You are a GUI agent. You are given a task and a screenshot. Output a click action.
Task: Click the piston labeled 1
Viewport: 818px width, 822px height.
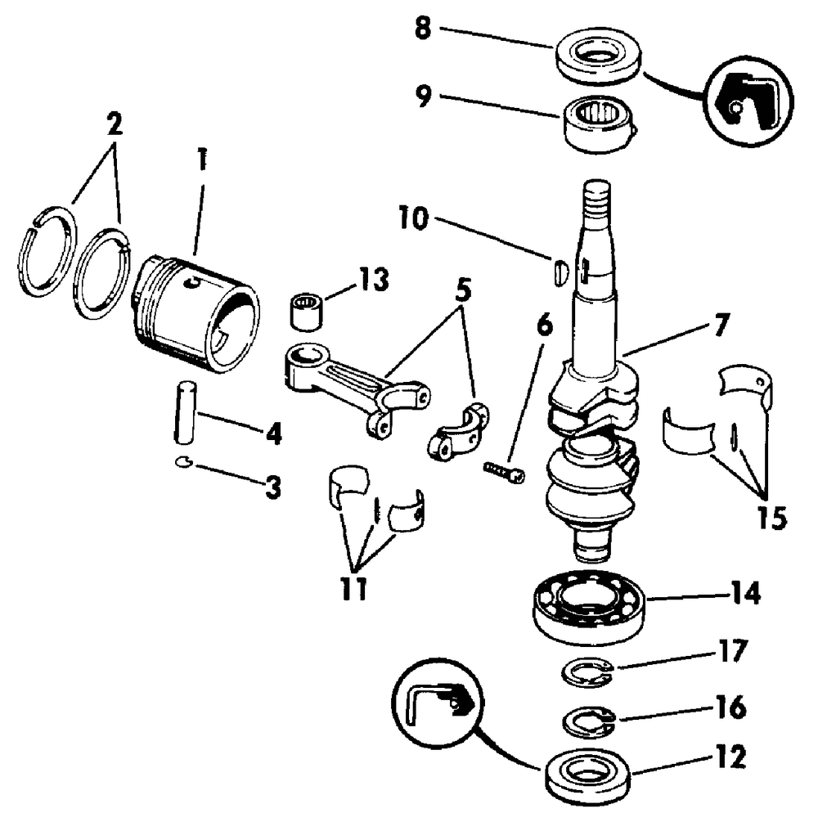click(196, 309)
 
